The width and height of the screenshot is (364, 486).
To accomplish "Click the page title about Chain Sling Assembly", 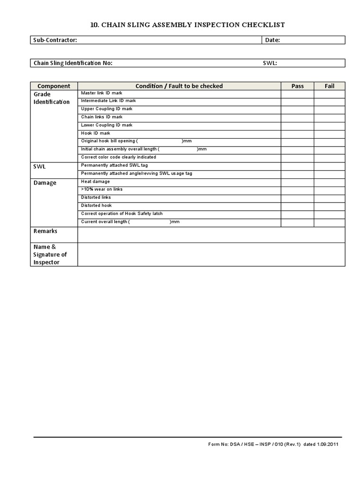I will coord(188,25).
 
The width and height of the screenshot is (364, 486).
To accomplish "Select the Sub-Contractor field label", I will coord(55,40).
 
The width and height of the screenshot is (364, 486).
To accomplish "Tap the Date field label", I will coord(273,40).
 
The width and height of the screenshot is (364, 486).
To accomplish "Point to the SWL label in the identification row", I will coord(270,63).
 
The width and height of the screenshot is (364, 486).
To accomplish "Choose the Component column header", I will coord(54,86).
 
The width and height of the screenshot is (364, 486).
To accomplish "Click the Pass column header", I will coord(297,86).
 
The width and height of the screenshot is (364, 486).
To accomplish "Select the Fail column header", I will coord(329,86).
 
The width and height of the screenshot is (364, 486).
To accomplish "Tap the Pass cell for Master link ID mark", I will coord(297,93).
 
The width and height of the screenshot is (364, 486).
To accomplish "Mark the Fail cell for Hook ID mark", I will coord(329,134).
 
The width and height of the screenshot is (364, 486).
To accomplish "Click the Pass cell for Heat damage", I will coord(297,182).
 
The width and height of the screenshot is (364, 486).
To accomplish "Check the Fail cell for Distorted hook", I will coord(329,206).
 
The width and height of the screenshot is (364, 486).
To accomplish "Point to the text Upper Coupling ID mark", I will coord(107,109).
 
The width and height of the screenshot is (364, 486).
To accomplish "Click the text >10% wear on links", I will coord(102,189).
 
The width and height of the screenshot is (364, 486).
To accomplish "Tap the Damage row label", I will coord(45,183).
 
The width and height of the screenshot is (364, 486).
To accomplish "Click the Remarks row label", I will coord(45,231).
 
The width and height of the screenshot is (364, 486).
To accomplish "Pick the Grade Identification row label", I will coord(51,98).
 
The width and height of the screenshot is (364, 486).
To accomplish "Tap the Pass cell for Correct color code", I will coord(297,158).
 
